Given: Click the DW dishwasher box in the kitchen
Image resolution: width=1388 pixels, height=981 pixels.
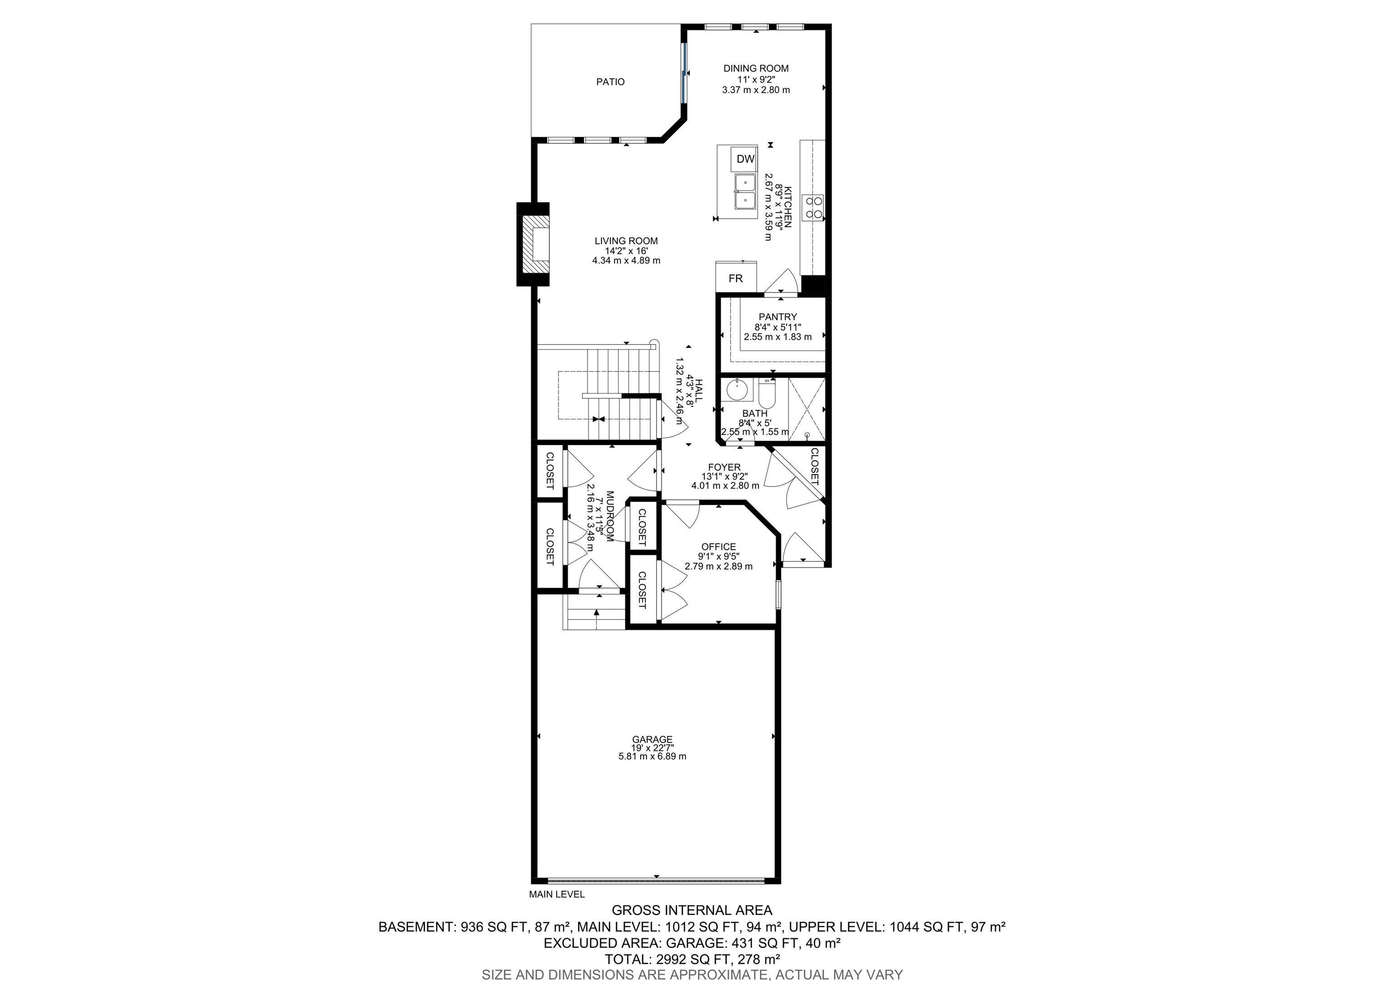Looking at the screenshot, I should coord(746,159).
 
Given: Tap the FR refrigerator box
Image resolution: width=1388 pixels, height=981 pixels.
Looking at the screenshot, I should coord(735,279).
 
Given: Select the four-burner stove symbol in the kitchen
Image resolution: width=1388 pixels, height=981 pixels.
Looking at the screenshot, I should coord(813,207).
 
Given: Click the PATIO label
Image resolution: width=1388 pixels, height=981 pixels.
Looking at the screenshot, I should coord(610,82).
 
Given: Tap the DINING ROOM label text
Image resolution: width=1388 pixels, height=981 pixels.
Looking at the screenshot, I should coord(755,68).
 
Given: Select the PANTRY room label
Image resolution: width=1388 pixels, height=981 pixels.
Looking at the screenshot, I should coord(778,317).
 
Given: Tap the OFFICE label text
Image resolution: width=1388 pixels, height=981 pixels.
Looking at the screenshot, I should coord(718,547).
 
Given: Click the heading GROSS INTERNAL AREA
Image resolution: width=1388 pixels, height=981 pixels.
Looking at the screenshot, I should coord(692,910).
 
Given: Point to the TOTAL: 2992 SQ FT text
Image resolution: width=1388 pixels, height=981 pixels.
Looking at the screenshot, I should coord(692,958).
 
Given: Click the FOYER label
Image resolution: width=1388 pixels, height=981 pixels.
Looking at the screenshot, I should coord(724,467).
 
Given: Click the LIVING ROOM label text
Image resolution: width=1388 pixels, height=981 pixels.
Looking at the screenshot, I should coord(626,241).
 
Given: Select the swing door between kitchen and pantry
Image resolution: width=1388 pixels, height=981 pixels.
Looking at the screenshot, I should coord(783,283).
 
